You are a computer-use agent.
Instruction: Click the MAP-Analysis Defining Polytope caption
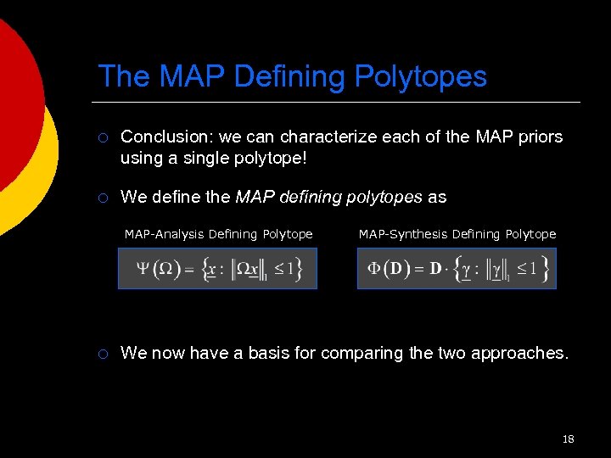tap(218, 234)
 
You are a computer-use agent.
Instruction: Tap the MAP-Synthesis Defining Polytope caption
tap(457, 234)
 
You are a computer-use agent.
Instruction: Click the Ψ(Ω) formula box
tap(217, 269)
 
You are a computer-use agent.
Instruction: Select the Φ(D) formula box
tap(457, 269)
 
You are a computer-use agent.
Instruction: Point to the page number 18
tap(568, 439)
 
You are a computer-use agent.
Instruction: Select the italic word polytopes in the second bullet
tap(381, 198)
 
